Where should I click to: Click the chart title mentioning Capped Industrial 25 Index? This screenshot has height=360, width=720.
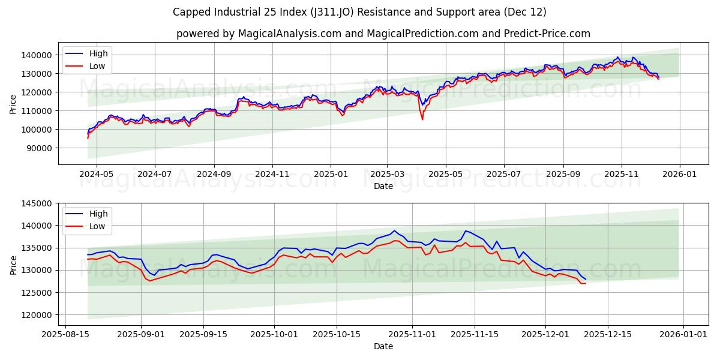click(x=359, y=12)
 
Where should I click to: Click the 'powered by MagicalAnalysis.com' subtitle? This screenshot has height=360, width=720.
click(x=383, y=34)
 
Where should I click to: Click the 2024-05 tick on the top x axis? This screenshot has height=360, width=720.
click(x=96, y=174)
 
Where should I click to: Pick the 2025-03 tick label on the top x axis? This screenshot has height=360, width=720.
click(x=386, y=174)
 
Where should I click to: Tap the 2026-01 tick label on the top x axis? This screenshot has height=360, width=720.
click(x=679, y=174)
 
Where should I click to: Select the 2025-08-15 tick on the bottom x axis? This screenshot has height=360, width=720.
click(x=65, y=334)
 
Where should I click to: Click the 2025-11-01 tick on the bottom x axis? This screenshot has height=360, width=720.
click(x=412, y=334)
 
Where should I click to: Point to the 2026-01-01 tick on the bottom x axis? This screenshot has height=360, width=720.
click(x=678, y=334)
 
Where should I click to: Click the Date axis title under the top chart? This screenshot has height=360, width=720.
click(x=383, y=186)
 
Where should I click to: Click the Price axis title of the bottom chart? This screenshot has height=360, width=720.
click(x=13, y=264)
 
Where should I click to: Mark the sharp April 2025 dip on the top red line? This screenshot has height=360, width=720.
click(x=422, y=119)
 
